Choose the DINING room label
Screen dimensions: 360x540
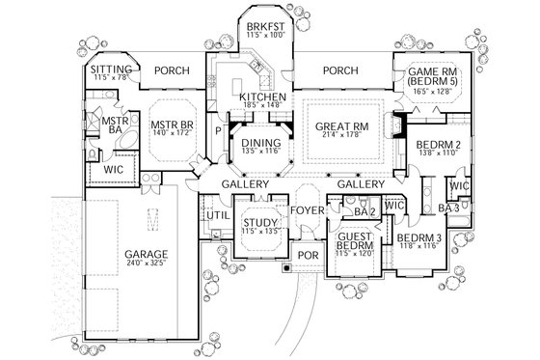(x=259, y=142)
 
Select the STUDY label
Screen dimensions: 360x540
(x=258, y=223)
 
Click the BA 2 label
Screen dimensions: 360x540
(x=364, y=212)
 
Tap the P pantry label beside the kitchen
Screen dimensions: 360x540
(x=218, y=128)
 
